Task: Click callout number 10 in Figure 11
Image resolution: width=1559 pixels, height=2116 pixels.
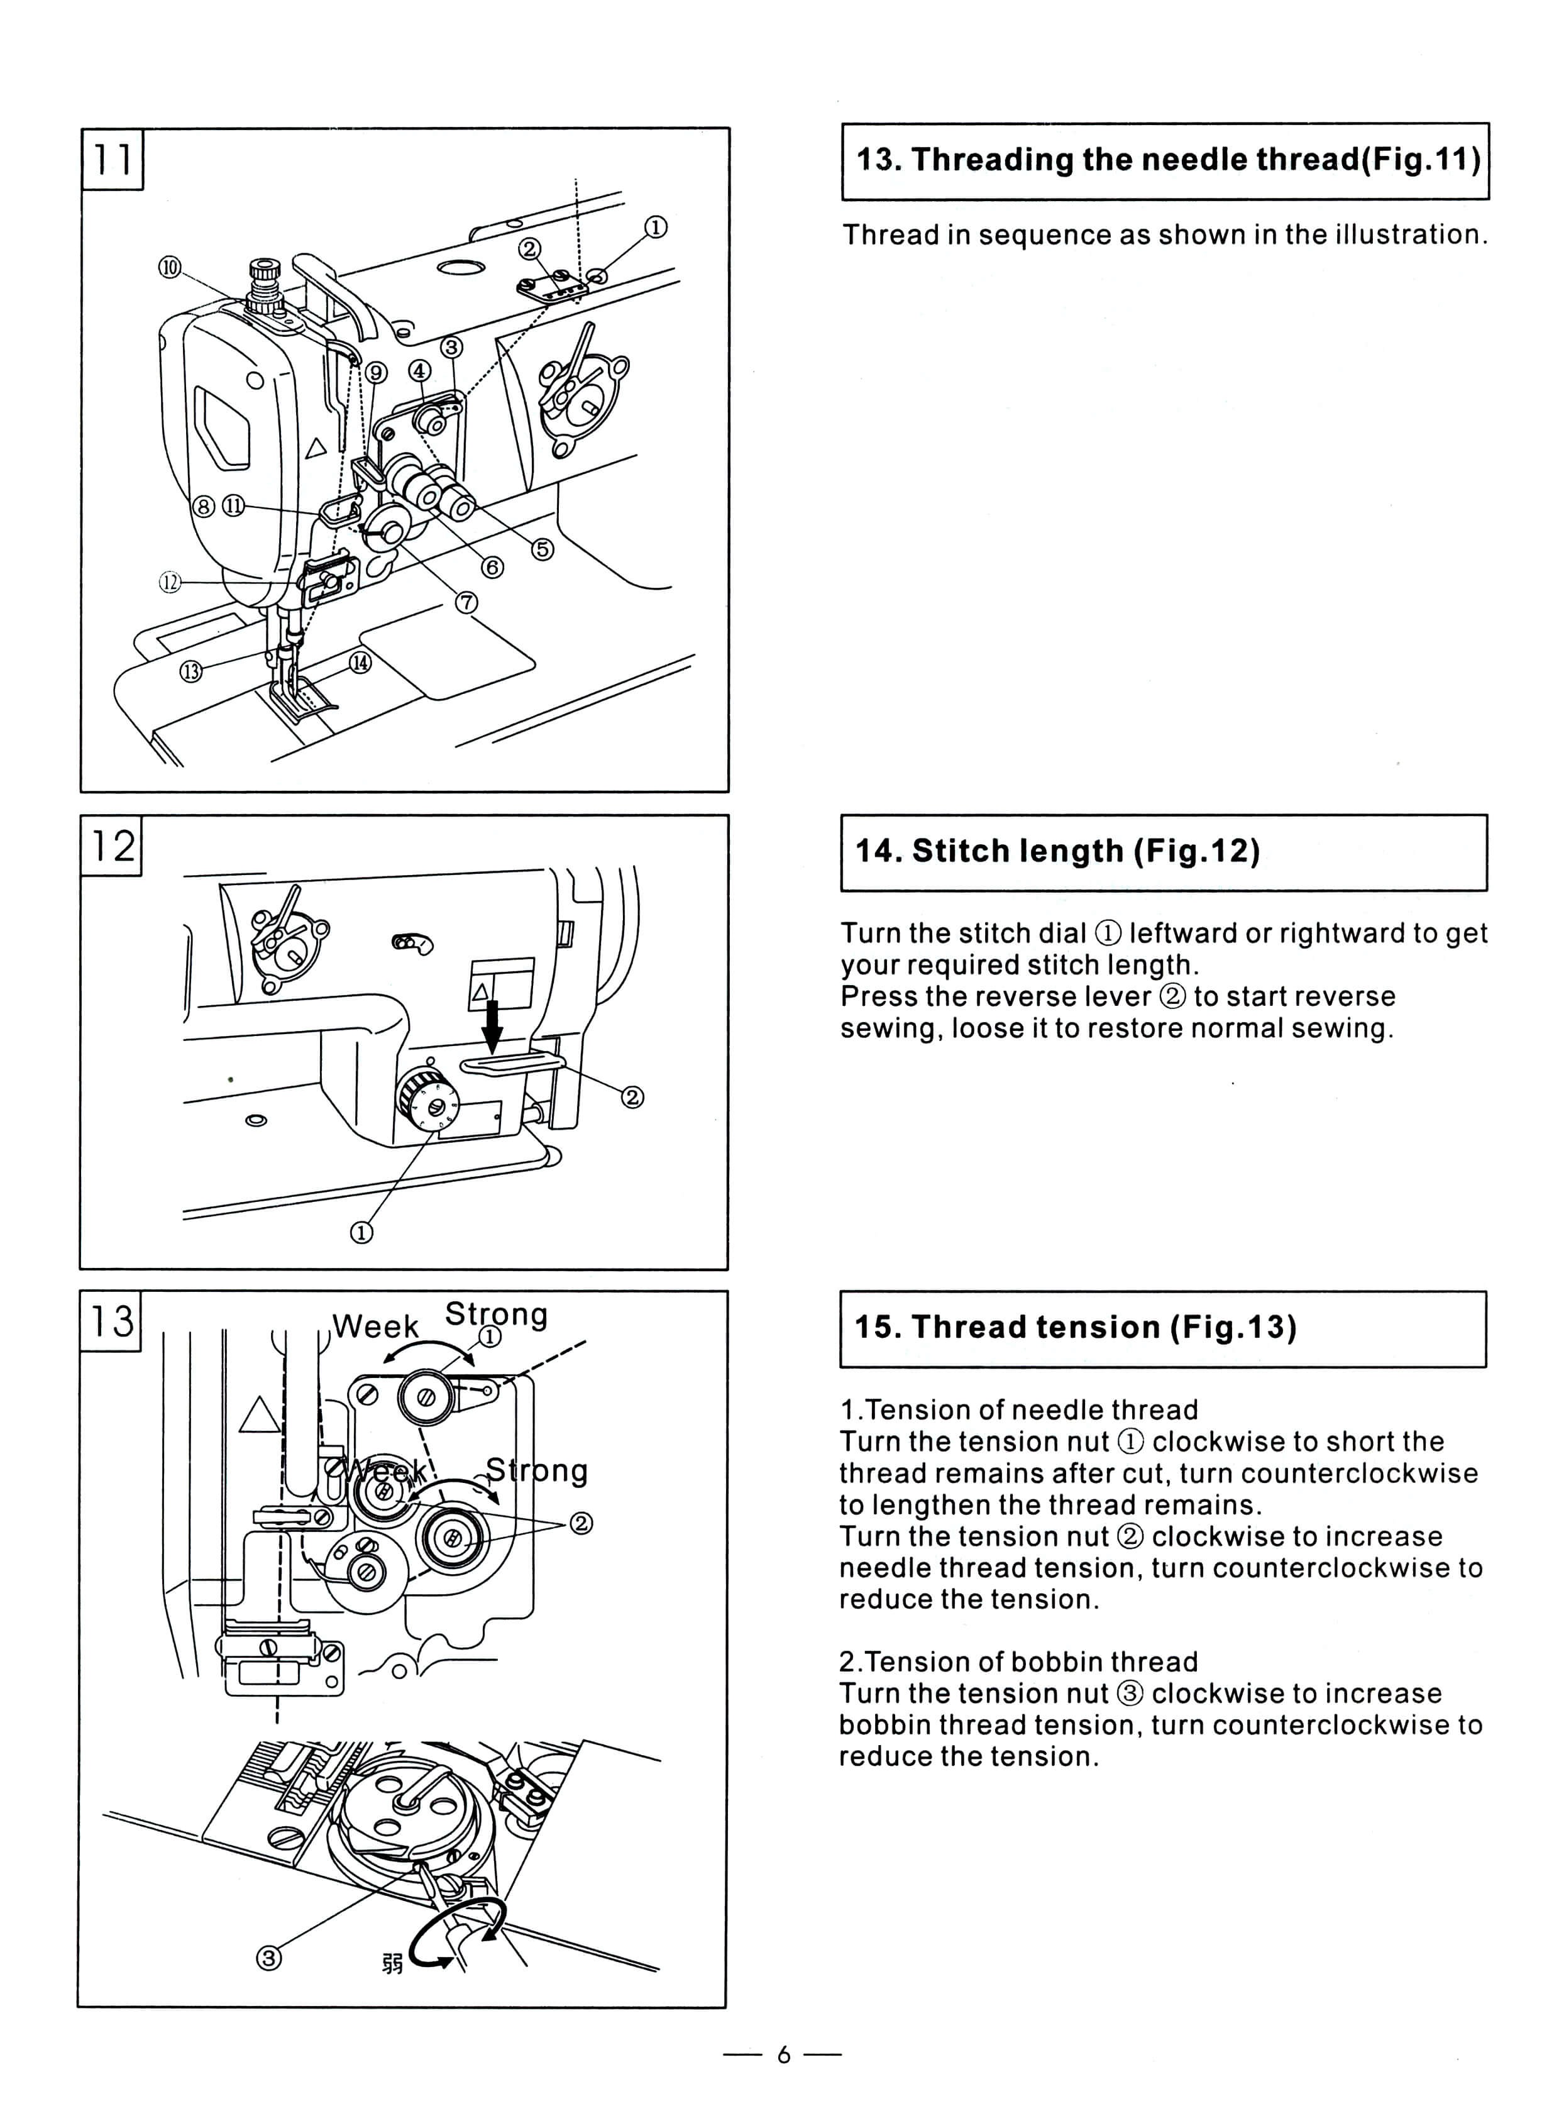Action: [x=169, y=267]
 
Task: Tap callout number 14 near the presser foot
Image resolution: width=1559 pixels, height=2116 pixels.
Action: [x=360, y=663]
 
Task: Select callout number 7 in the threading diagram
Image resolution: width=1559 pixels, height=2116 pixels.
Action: [x=466, y=602]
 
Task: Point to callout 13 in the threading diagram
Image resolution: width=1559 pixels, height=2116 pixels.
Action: [x=192, y=671]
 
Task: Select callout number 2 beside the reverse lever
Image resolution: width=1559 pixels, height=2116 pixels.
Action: [x=632, y=1097]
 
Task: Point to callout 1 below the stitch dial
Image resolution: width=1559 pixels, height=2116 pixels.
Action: [x=361, y=1233]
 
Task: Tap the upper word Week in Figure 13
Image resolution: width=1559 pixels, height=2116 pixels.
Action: [x=375, y=1326]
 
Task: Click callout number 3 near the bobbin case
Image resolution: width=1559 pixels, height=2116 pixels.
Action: [x=269, y=1958]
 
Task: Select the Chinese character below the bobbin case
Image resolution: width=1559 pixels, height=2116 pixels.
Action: [x=393, y=1963]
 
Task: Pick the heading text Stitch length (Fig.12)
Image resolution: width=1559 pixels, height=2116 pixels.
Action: [x=1057, y=851]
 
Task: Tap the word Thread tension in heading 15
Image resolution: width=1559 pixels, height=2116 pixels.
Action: [x=1035, y=1327]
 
